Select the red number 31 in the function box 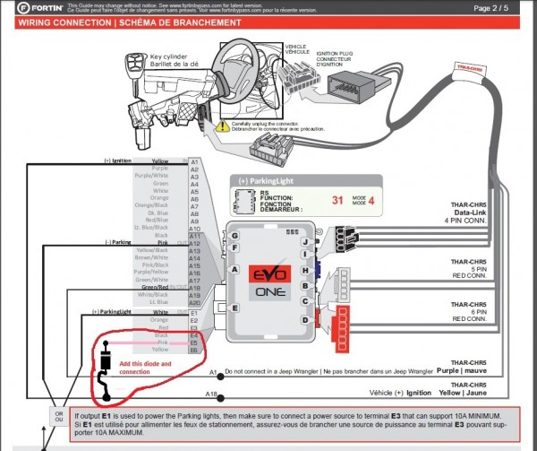[x=337, y=201]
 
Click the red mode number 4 [x=371, y=201]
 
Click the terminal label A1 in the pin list [x=194, y=161]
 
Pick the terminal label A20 [x=195, y=303]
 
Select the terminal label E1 [x=194, y=312]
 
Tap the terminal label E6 [x=194, y=350]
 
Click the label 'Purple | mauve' [x=463, y=370]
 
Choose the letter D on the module [x=306, y=318]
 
